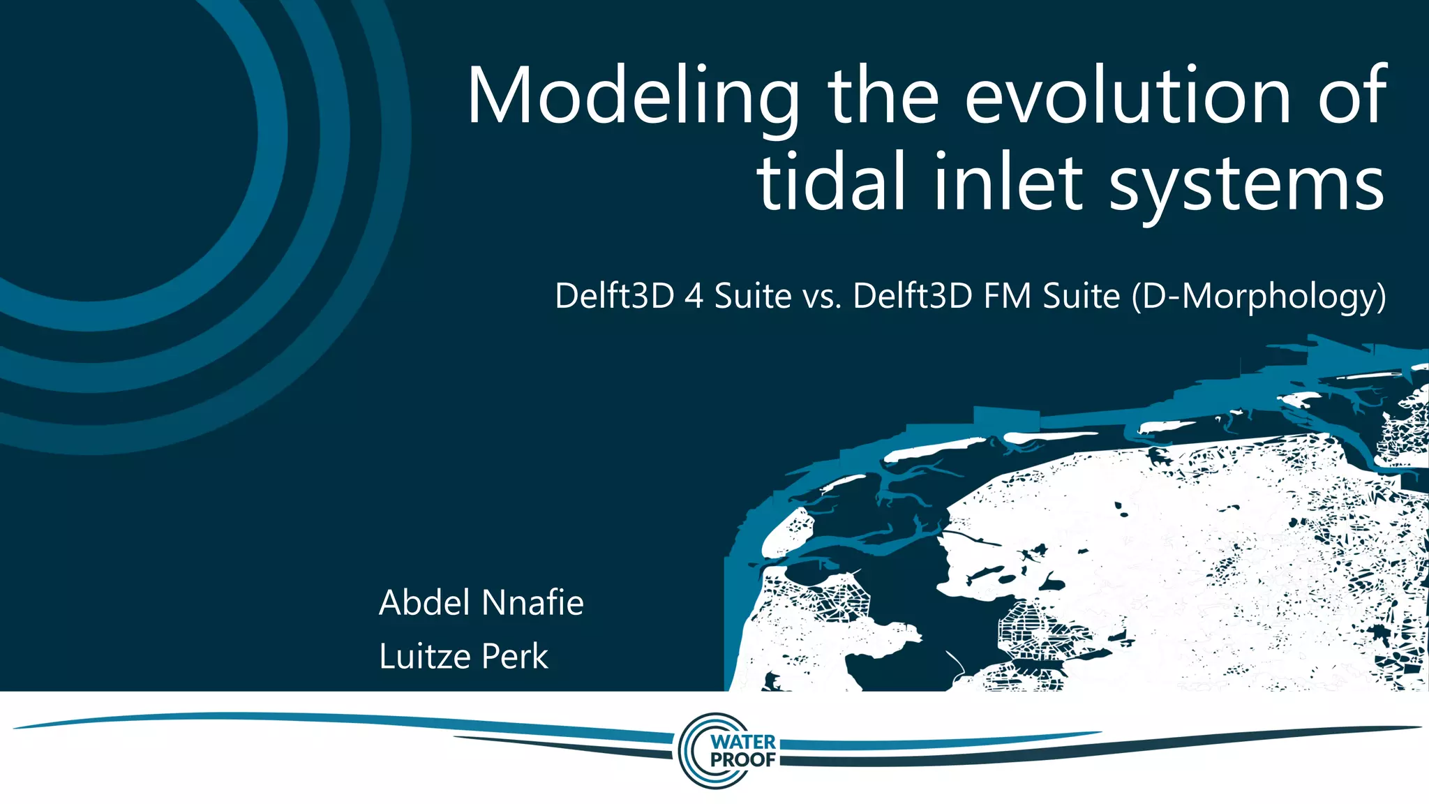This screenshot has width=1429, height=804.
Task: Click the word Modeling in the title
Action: click(x=632, y=96)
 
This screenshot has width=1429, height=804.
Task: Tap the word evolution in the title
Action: click(x=1128, y=96)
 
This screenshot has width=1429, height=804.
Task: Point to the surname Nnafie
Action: click(x=532, y=602)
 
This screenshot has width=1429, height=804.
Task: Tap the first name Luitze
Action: click(x=424, y=656)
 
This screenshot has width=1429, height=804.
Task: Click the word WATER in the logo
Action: click(x=743, y=742)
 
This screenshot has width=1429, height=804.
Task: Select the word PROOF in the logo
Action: click(x=743, y=759)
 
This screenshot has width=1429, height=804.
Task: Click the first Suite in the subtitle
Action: click(x=753, y=296)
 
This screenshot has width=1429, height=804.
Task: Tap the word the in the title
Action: click(x=883, y=96)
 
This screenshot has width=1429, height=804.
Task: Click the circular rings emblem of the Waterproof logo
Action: click(x=694, y=751)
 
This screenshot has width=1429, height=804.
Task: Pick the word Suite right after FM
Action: click(x=1081, y=296)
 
